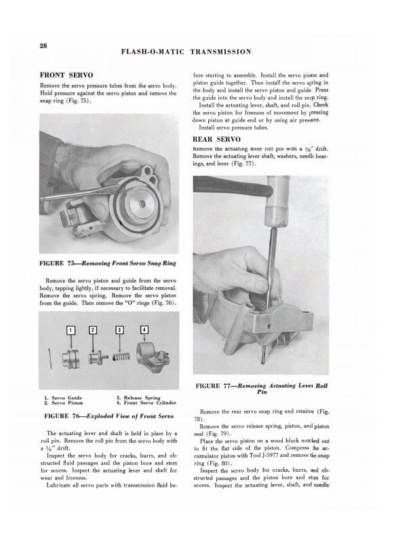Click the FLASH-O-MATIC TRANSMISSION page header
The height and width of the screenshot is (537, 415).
point(186,51)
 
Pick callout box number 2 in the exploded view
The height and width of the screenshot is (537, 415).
point(94,331)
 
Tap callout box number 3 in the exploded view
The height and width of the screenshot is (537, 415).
point(119,331)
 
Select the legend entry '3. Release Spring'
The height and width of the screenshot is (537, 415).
point(140,396)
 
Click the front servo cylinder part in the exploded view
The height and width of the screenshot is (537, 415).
point(149,354)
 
